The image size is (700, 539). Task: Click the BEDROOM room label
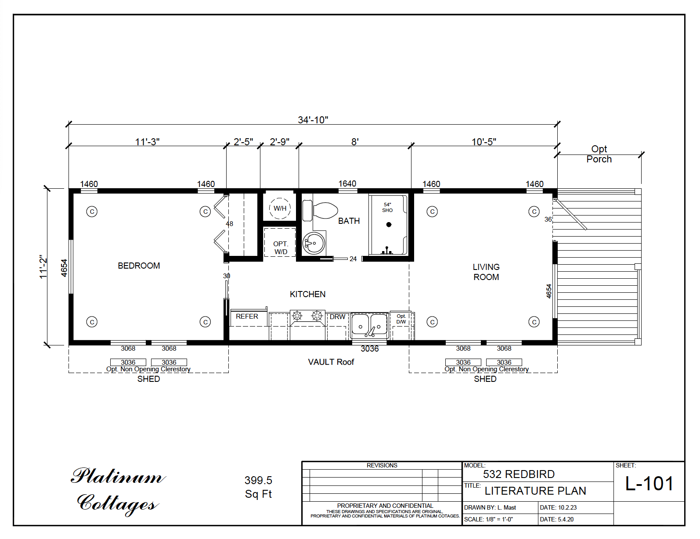coord(139,266)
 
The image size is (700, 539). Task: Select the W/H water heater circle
coord(280,208)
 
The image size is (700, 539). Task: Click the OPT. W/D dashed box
coord(280,248)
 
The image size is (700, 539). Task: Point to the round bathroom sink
coord(314,243)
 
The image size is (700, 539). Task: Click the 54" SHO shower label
coord(387,208)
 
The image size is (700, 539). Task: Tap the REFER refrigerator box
coord(247,316)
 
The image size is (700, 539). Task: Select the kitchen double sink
coord(369,325)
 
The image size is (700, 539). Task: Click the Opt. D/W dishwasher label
coord(401,319)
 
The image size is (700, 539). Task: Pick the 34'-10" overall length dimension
coord(313,120)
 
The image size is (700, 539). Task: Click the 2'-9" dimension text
coord(279,142)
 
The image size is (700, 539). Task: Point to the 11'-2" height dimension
coord(43,267)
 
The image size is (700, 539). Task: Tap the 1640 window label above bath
coord(347,183)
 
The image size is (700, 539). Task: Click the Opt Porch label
coord(599,154)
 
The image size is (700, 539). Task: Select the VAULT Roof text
coord(331,362)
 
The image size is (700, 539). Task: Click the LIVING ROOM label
coord(486,272)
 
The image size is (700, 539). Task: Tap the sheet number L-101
coord(649,484)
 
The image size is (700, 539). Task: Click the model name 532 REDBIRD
coord(519,474)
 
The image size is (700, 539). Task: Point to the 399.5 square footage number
coord(258,480)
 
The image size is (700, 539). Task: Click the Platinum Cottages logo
coord(118,490)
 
